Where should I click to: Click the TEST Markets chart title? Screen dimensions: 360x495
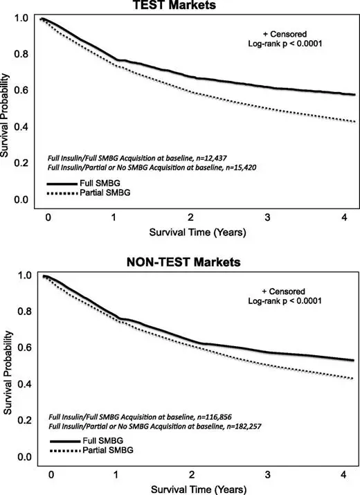[x=174, y=4]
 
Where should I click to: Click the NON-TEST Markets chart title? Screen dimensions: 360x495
[x=183, y=262]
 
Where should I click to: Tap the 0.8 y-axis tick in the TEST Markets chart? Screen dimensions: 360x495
[x=21, y=54]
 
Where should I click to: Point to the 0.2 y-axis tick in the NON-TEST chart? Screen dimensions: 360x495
[x=25, y=420]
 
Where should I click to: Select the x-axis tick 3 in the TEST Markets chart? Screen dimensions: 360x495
[x=267, y=217]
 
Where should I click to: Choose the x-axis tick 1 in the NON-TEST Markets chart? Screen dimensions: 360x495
[x=116, y=474]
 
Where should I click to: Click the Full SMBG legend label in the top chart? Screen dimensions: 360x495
[x=100, y=183]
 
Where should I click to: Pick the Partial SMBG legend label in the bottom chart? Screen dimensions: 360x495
[x=108, y=450]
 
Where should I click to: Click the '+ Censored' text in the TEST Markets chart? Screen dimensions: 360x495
[x=285, y=34]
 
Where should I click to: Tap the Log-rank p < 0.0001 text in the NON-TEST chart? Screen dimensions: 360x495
[x=285, y=301]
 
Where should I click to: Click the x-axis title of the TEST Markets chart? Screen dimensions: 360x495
[x=198, y=233]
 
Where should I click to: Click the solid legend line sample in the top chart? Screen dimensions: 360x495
[x=62, y=183]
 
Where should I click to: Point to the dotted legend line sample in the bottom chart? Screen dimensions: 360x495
[x=65, y=451]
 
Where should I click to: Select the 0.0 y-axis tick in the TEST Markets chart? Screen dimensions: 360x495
[x=21, y=199]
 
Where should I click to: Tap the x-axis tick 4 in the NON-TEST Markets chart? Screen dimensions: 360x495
[x=343, y=474]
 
